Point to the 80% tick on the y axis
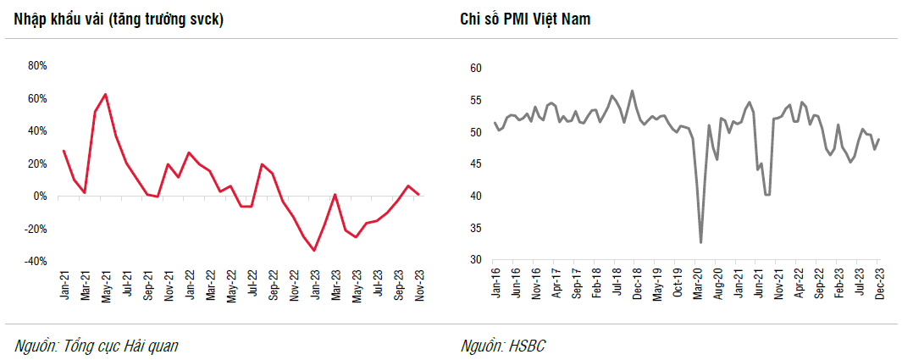pyautogui.click(x=38, y=65)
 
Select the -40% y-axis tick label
pyautogui.click(x=36, y=262)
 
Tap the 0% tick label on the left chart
pyautogui.click(x=41, y=197)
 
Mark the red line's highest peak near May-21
pyautogui.click(x=105, y=94)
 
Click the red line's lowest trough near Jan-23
pyautogui.click(x=314, y=251)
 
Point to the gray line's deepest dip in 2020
pyautogui.click(x=701, y=243)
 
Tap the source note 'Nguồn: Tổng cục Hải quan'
pyautogui.click(x=97, y=346)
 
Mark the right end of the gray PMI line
pyautogui.click(x=879, y=139)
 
